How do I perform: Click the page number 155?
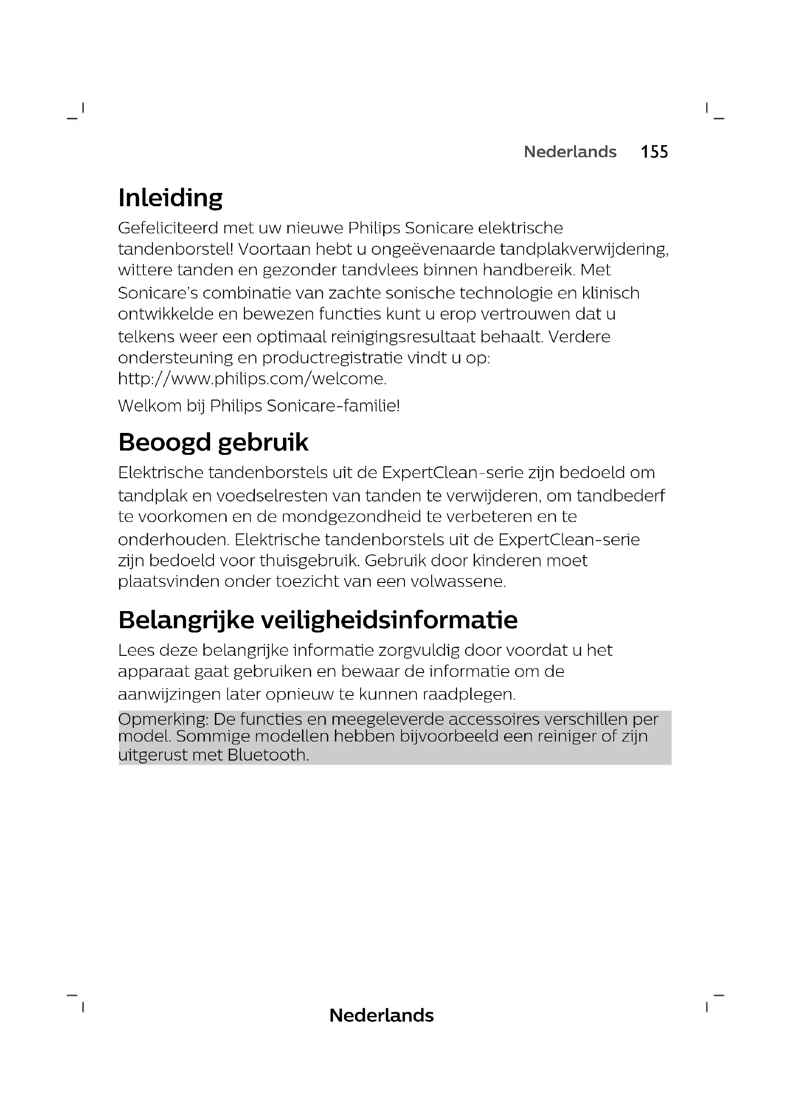(654, 152)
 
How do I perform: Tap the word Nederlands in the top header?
(570, 152)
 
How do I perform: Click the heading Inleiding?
(170, 198)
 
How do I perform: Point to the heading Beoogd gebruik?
(213, 442)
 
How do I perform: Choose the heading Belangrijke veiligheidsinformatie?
(318, 620)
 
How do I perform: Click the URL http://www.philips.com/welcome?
(252, 379)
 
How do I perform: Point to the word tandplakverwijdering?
(584, 249)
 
